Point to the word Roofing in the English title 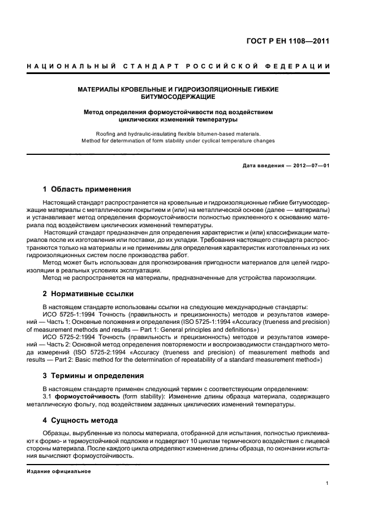coord(108,133)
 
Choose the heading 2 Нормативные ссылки coord(88,294)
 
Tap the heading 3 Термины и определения coord(93,375)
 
